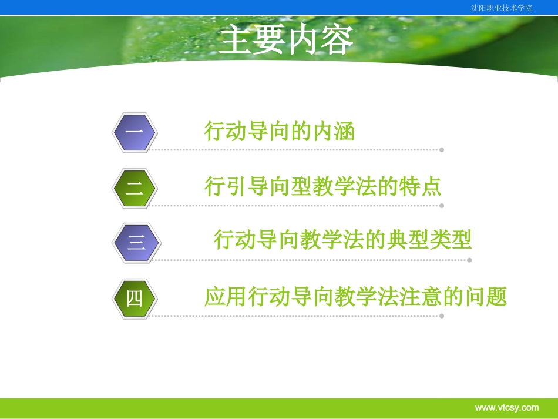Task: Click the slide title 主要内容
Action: (x=286, y=41)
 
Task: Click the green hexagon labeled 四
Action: (x=135, y=299)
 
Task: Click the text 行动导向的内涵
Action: (x=280, y=131)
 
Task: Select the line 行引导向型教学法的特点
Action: (x=322, y=187)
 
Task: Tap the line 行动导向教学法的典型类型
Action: (x=342, y=240)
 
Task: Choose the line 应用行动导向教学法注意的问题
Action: (x=355, y=297)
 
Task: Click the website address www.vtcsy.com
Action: (x=506, y=407)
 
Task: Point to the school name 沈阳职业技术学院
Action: (x=502, y=8)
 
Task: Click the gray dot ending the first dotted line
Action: (x=442, y=150)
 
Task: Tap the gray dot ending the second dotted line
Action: (x=442, y=206)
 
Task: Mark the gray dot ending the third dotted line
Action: (x=469, y=260)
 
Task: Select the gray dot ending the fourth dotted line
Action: (x=442, y=316)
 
